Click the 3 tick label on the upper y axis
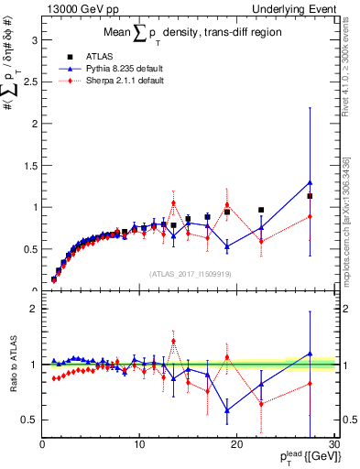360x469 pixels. [33, 40]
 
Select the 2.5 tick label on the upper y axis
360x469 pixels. [29, 82]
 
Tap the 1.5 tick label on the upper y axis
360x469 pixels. [29, 165]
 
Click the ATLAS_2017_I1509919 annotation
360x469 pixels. [190, 274]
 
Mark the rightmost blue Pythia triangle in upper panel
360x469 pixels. [311, 182]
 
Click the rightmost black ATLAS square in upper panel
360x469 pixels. [311, 196]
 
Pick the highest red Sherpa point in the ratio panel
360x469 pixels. [173, 341]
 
